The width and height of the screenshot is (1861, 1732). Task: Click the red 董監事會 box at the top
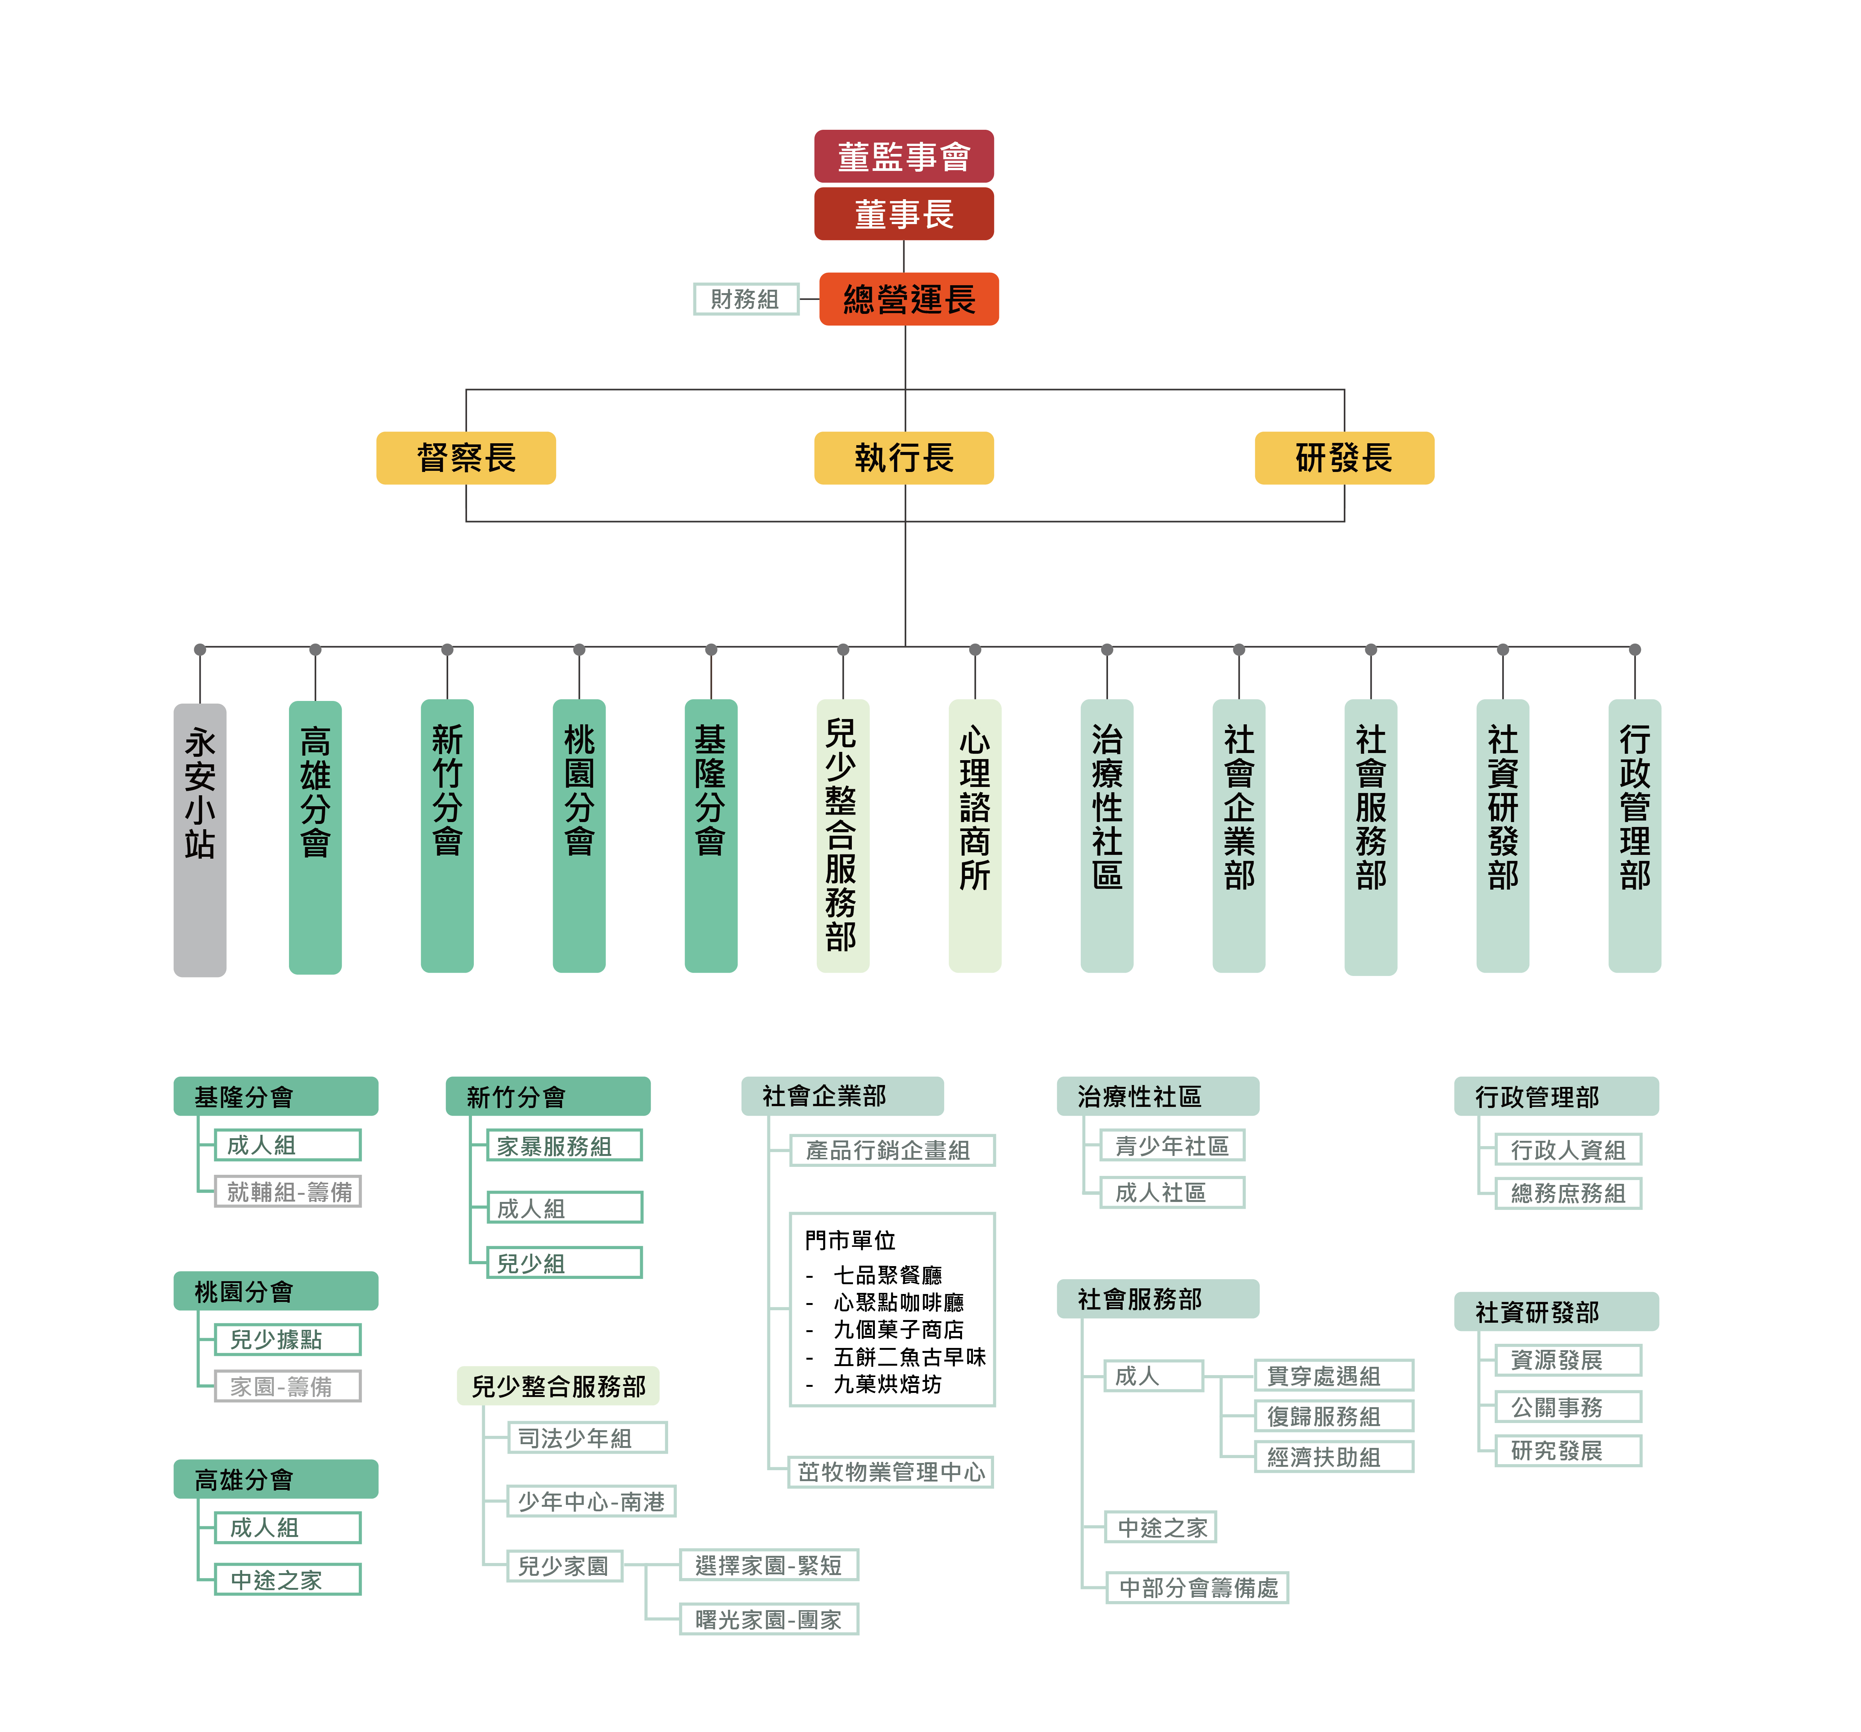pos(904,156)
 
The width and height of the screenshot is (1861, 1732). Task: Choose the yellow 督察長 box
pos(466,458)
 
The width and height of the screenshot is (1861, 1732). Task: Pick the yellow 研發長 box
pos(1344,458)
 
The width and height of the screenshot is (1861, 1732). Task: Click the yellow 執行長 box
pos(904,458)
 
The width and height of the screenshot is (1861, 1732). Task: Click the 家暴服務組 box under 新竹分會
pos(564,1146)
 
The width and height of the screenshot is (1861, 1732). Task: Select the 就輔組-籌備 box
pos(288,1192)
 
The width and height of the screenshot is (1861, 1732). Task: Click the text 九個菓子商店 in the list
pos(898,1329)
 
